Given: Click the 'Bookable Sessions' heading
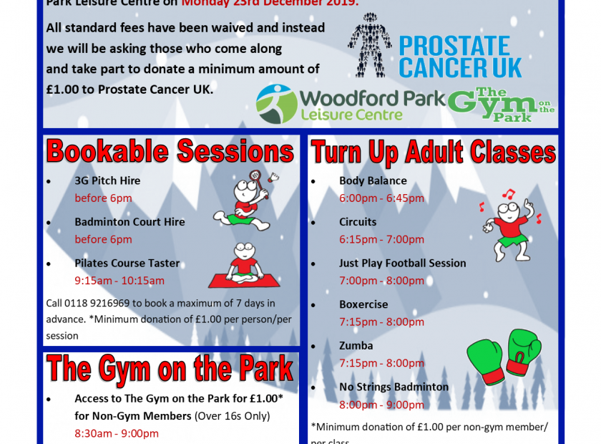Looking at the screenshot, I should tap(170, 152).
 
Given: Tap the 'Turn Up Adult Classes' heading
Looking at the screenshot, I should tap(434, 153).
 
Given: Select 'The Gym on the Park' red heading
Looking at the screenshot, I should tap(170, 370).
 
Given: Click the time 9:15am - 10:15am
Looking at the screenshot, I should tap(119, 281).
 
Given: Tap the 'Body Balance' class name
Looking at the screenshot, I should tap(373, 180).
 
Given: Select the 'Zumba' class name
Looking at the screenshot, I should tap(356, 346).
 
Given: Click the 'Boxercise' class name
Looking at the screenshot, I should tap(363, 304).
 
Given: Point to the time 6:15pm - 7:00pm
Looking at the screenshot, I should tap(381, 239).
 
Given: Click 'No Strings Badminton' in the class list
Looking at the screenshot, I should tap(394, 387).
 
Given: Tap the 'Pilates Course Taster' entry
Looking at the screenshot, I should tap(127, 263).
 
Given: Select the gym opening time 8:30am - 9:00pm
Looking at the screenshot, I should tap(117, 433).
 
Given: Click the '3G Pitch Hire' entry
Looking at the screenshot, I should tap(107, 180).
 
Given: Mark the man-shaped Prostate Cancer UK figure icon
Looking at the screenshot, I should tap(370, 45).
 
